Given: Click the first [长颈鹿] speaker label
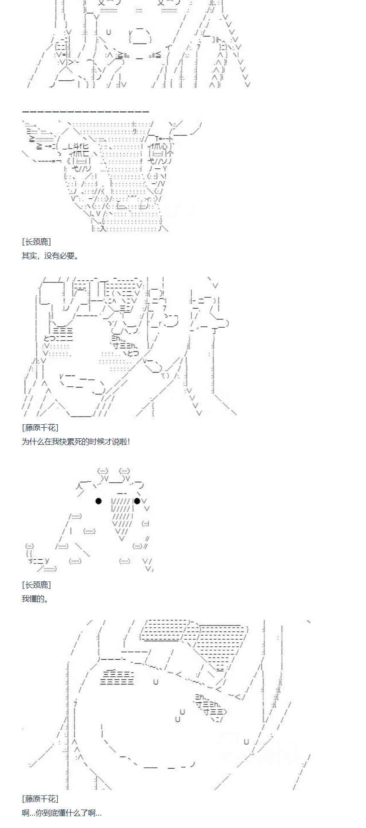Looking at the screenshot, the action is [x=36, y=242].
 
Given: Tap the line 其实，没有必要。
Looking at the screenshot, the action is [x=50, y=256].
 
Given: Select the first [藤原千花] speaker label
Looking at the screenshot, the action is [x=40, y=427].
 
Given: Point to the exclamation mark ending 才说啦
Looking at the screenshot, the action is [x=129, y=441].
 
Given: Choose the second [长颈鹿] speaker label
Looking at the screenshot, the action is [x=36, y=584].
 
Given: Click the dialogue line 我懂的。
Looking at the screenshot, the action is [x=36, y=599].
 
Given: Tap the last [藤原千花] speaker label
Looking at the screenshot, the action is [x=40, y=799].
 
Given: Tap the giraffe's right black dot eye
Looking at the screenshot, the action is [x=137, y=501].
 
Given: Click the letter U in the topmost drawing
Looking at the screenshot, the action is [x=108, y=32].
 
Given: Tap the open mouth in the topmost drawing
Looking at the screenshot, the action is [x=141, y=37].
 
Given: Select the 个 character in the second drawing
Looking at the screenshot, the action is [x=171, y=153].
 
